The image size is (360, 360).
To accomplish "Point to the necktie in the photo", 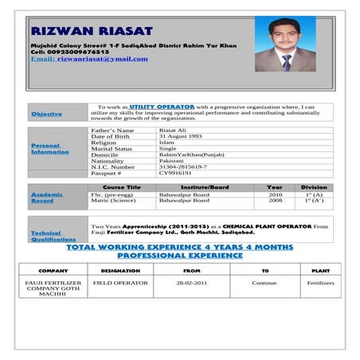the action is click(286, 61).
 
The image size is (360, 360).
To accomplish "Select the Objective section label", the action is click(46, 114).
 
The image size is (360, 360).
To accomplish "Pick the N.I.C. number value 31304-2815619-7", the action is click(183, 166).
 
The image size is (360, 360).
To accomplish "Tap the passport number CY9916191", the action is click(175, 173).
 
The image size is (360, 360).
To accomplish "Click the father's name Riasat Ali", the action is click(172, 130).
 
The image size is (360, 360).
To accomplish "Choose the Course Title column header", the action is click(123, 187).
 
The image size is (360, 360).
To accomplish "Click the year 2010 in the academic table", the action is click(275, 194).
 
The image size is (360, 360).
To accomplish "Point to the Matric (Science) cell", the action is click(114, 201).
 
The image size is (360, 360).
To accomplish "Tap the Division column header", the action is click(314, 187).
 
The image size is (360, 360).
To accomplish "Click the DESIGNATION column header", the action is click(121, 270).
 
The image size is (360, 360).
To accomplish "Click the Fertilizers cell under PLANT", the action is click(321, 283).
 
